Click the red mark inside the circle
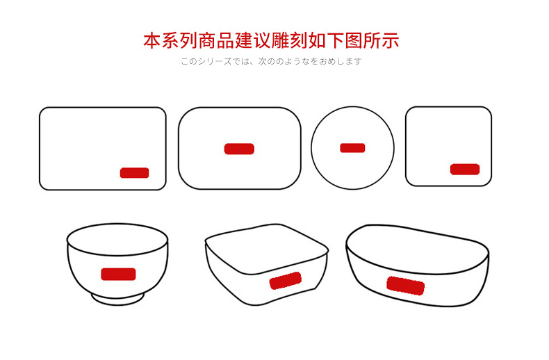click(x=352, y=148)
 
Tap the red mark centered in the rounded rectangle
click(x=239, y=149)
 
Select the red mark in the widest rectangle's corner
click(x=134, y=173)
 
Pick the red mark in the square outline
click(x=465, y=169)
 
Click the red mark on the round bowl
click(x=118, y=275)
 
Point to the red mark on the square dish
click(x=286, y=281)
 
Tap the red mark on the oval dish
click(x=405, y=286)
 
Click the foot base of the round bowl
click(x=118, y=301)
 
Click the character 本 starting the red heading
click(x=152, y=40)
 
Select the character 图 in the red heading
click(x=354, y=40)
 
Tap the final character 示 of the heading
click(x=390, y=40)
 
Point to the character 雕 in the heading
click(x=281, y=40)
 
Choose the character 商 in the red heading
click(x=207, y=40)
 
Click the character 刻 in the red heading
click(x=299, y=40)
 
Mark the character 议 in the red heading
click(x=262, y=40)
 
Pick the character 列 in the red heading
click(x=189, y=40)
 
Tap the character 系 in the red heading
click(x=170, y=40)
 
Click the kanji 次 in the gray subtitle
click(x=263, y=61)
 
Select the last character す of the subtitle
click(x=357, y=61)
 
